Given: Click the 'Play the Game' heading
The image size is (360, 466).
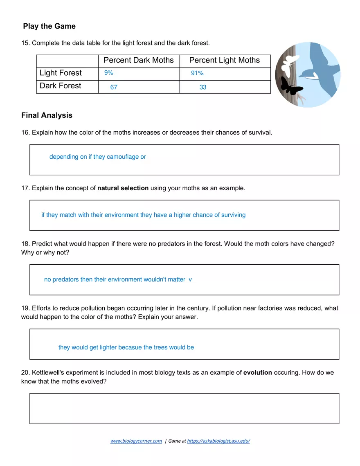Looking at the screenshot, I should [49, 26].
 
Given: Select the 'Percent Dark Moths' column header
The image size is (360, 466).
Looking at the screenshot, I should [138, 60].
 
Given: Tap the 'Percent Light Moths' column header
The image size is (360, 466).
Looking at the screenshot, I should [224, 60].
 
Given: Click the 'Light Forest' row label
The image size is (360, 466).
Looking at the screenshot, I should [61, 73].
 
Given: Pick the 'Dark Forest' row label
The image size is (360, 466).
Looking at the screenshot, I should [60, 86].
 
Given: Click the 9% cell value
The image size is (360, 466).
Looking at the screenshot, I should [108, 73].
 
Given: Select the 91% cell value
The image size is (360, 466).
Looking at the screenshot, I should [197, 73].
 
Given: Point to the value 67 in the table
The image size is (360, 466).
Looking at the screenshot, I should [114, 87].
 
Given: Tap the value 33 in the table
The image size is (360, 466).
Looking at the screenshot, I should [203, 87].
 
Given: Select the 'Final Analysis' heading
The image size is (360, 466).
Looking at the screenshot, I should [47, 115].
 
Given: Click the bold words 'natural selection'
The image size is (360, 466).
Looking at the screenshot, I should [123, 188].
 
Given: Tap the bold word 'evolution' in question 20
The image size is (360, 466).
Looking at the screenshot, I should [257, 373].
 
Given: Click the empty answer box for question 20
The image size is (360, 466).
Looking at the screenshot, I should [184, 408].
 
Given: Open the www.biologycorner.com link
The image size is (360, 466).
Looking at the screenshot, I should [136, 441].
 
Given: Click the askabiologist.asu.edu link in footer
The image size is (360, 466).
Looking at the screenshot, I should [218, 441].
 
